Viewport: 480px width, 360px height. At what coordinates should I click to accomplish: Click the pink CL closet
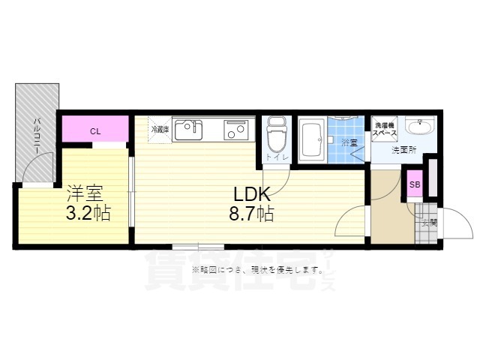tap(95, 131)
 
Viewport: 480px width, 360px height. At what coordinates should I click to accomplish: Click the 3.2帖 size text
tap(88, 213)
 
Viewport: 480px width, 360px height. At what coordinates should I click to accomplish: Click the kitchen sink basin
tap(187, 130)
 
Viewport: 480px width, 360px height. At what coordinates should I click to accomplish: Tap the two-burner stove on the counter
tap(237, 130)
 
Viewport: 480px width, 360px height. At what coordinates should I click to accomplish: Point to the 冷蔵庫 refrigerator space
tap(160, 128)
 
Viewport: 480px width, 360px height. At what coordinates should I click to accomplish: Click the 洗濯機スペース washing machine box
tap(385, 128)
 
